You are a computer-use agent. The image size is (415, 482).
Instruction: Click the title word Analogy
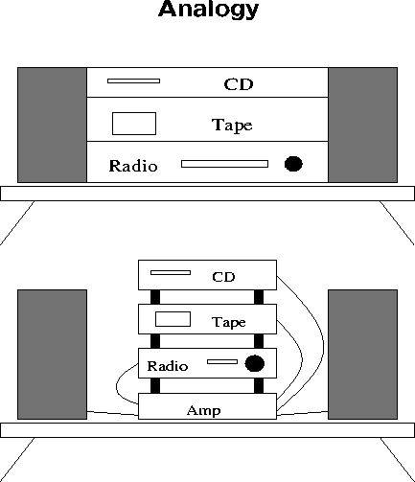(208, 9)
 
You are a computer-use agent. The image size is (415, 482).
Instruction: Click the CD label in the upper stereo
(239, 84)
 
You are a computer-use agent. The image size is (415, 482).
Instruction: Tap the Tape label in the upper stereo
(232, 125)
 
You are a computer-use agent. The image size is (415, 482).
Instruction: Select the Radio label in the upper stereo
(133, 166)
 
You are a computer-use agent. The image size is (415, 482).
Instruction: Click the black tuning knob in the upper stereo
(293, 164)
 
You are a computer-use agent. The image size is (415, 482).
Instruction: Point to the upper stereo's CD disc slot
(133, 81)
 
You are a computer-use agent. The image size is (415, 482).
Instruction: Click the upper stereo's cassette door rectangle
(134, 124)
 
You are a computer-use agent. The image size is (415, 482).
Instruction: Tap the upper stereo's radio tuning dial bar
(224, 164)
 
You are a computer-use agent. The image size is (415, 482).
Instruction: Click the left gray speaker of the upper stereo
(52, 125)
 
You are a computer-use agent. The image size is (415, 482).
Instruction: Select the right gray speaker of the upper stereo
(363, 125)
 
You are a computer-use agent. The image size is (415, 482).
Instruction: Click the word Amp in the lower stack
(204, 410)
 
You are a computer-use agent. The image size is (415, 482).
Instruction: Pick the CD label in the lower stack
(223, 277)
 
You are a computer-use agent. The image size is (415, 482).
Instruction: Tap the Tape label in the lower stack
(229, 322)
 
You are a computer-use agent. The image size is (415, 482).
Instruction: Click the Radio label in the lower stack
(168, 366)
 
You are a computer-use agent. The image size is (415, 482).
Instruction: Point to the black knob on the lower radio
(255, 363)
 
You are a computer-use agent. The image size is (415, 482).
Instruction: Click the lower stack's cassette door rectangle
(173, 319)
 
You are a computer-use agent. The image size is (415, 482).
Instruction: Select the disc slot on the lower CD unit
(171, 272)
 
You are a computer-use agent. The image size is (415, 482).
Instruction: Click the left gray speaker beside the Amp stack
(52, 355)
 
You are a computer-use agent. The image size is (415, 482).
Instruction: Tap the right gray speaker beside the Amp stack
(363, 355)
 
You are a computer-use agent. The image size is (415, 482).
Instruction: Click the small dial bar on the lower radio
(222, 361)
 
